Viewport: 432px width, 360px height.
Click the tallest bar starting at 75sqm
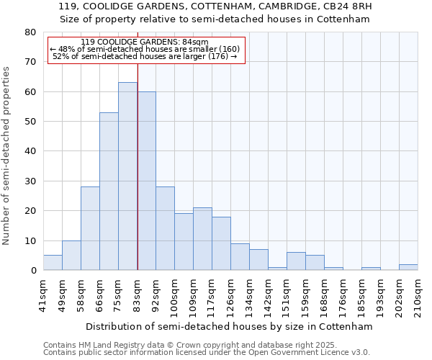click(127, 176)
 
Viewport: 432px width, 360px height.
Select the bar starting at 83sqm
click(146, 181)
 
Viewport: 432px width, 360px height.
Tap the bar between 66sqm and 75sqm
click(109, 191)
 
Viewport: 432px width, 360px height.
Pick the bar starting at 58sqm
click(90, 228)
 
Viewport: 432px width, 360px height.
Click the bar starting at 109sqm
click(202, 238)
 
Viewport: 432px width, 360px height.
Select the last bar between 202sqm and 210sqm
click(408, 267)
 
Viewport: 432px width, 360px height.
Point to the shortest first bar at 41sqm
click(53, 263)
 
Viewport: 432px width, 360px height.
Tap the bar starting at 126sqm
click(240, 257)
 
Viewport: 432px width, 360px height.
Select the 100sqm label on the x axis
click(174, 292)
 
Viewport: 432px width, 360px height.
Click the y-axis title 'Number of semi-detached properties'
click(6, 155)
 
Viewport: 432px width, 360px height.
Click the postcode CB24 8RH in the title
click(344, 6)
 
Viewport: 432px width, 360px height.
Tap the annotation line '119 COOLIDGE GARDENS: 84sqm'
click(145, 42)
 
